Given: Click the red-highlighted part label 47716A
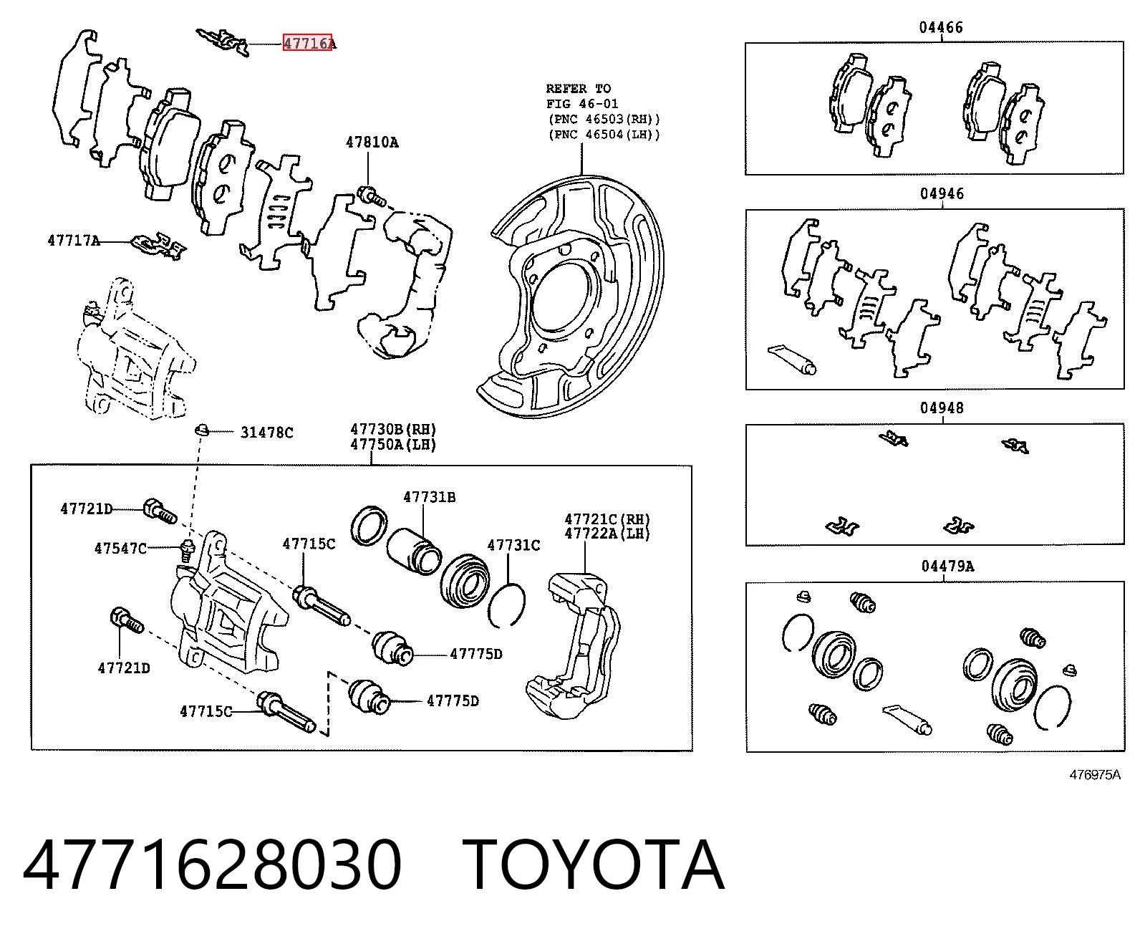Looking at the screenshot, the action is (x=309, y=42).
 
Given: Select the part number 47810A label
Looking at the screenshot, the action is (x=372, y=143).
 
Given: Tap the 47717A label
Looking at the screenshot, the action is (x=74, y=241).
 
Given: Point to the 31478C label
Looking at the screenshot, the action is (x=267, y=433).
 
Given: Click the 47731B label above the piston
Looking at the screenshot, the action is (x=430, y=497).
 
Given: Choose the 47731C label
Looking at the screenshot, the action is (x=513, y=545).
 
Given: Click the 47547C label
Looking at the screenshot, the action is (x=121, y=548).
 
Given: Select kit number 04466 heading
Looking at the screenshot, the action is (x=941, y=27).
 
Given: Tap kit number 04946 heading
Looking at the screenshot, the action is (x=942, y=193).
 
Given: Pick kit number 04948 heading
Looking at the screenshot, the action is (x=942, y=408).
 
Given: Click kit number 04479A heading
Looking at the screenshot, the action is (x=948, y=566).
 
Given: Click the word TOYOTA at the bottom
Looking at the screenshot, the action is (x=594, y=865).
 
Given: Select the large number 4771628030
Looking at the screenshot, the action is (x=213, y=865).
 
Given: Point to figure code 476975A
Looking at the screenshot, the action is (x=1095, y=775).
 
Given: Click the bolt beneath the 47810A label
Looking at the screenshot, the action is (x=371, y=196).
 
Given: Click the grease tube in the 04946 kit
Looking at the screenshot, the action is (x=792, y=359).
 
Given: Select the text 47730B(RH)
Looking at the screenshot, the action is (x=394, y=430).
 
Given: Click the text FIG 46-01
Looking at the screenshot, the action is (x=583, y=104).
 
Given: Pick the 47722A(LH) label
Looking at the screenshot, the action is (x=608, y=534).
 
